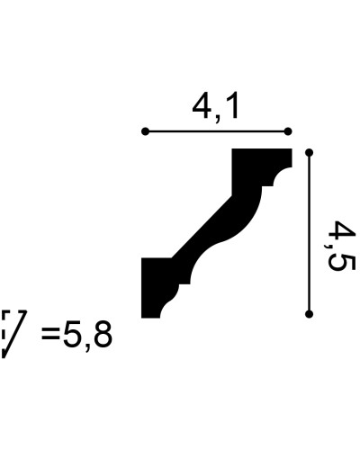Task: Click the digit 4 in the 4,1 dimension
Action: [x=202, y=107]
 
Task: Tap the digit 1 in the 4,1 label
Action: [x=232, y=107]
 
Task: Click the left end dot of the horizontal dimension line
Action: [x=145, y=131]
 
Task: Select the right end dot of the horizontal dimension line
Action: [x=288, y=131]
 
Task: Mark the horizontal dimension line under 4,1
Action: [x=216, y=131]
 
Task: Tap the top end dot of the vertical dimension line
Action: [x=309, y=153]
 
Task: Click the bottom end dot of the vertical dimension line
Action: [x=309, y=314]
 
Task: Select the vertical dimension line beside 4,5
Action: [x=309, y=233]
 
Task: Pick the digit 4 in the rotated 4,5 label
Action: [x=341, y=231]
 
